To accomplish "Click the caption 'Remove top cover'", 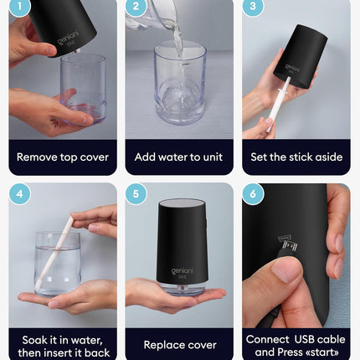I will pos(63,157).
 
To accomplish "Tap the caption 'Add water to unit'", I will pos(179,157).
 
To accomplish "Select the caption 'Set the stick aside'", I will pos(296,157).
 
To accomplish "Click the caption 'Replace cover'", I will pos(179,344).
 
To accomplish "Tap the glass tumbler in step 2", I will pos(178,84).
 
